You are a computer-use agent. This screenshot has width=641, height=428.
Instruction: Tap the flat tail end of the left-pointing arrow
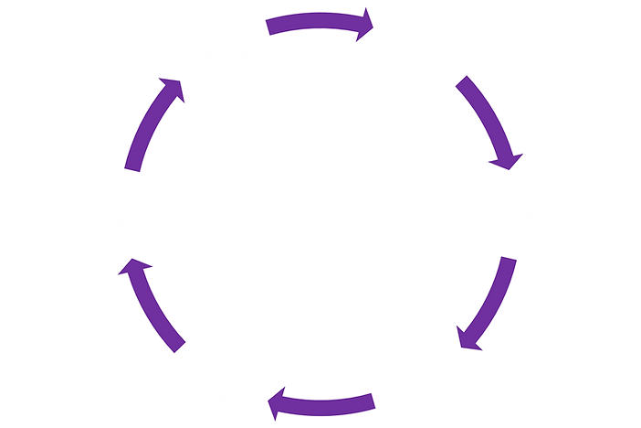[x=374, y=399]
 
